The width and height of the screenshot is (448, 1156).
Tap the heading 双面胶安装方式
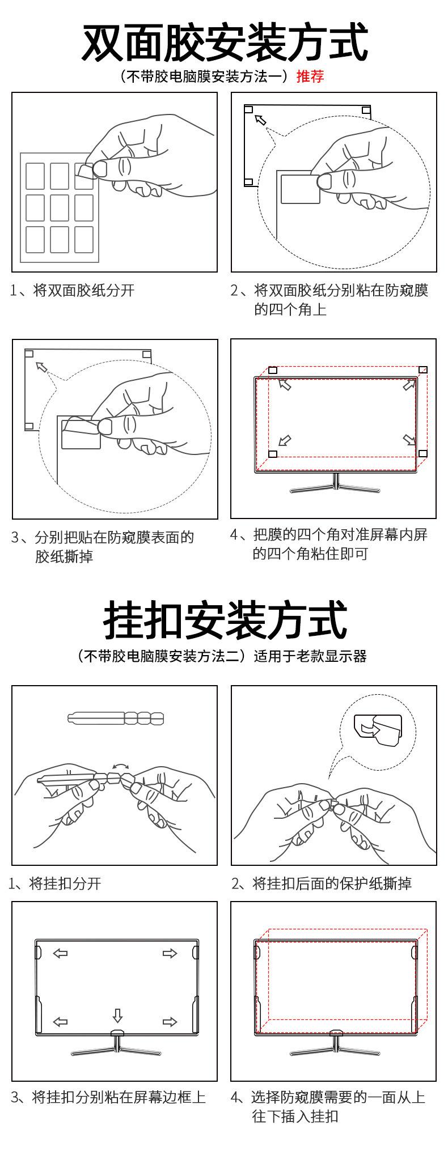tap(224, 42)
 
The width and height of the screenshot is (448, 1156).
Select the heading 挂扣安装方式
tap(224, 620)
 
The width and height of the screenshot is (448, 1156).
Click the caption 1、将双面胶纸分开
tap(73, 291)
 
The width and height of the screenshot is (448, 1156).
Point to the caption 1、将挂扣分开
tap(55, 883)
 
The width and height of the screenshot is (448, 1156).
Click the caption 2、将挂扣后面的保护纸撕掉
tap(322, 883)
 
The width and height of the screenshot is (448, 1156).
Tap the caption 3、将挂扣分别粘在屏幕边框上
tap(109, 1097)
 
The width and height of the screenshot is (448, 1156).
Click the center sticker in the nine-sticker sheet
tap(60, 208)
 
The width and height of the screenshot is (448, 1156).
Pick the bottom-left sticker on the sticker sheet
tap(35, 239)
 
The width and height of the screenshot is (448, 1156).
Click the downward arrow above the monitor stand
tap(117, 1014)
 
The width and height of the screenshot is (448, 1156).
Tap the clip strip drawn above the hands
tap(116, 719)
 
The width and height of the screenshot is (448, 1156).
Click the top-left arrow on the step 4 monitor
tap(285, 385)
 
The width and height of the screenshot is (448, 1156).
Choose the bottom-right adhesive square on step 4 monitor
tap(422, 454)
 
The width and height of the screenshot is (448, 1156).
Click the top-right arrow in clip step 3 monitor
tap(170, 954)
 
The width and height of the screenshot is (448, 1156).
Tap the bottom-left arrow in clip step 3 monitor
tap(60, 1022)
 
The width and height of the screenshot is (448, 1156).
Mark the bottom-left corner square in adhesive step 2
tap(248, 182)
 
